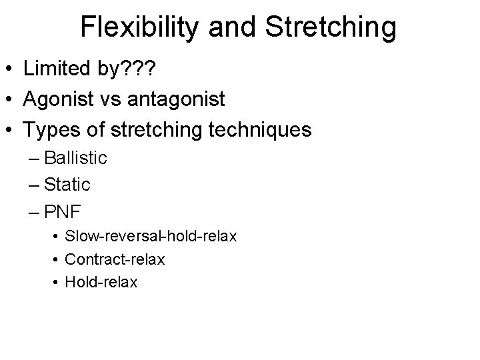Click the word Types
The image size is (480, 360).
[x=52, y=130]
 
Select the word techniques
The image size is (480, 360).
[x=261, y=130]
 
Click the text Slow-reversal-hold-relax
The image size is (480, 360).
[x=151, y=237]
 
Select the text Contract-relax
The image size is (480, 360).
[x=115, y=259]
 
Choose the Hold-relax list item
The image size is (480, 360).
[x=101, y=282]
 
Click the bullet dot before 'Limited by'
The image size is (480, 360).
[x=9, y=69]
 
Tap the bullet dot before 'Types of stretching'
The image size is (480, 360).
[x=9, y=131]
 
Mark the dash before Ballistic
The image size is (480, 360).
[x=33, y=159]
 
